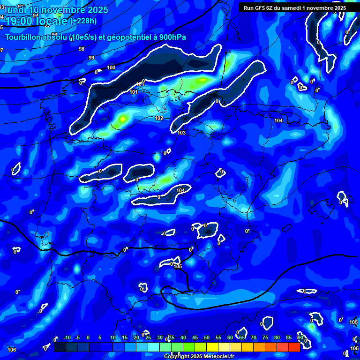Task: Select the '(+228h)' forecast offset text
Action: coord(83,21)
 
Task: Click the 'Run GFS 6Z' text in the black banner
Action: coord(259,8)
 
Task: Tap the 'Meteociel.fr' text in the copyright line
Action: coord(214,357)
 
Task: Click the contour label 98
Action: coord(82,49)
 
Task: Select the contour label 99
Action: coord(91,58)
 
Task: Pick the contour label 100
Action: coord(111,68)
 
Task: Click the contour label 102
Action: coord(159,119)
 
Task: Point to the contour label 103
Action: coord(181,133)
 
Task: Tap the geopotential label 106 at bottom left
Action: coord(12,350)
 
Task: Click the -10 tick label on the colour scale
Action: coord(67,338)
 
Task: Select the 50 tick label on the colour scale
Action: coord(207,338)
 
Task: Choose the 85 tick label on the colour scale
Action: coord(289,338)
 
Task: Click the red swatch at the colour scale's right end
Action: coord(294,347)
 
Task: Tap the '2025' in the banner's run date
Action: coord(339,8)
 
